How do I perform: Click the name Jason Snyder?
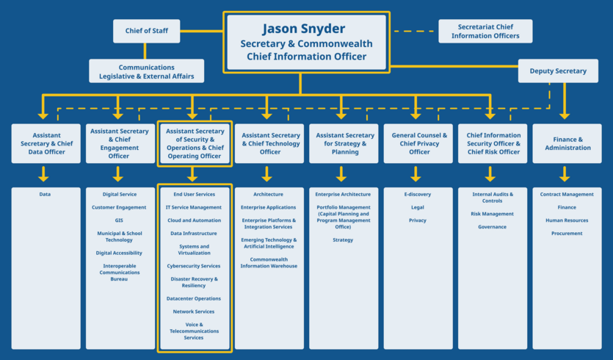point(303,29)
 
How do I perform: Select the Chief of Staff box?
point(146,31)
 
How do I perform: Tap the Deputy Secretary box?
point(557,71)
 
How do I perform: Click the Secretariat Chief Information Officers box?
point(485,31)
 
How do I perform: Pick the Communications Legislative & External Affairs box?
point(147,71)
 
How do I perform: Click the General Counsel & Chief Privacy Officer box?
point(419,143)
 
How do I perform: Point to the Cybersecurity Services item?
point(193,266)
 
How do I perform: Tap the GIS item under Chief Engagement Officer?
point(119,220)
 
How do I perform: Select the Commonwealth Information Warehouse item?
point(269,262)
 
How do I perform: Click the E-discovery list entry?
point(418,195)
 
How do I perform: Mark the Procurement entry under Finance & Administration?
point(567,234)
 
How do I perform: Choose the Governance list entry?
point(492,227)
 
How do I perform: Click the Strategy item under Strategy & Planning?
point(343,240)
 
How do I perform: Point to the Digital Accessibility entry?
point(119,253)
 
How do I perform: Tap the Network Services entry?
point(194,312)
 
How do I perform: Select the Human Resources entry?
point(567,220)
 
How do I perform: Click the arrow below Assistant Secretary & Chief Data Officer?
point(43,174)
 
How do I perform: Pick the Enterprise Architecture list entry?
point(343,195)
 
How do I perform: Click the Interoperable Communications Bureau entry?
point(119,273)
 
